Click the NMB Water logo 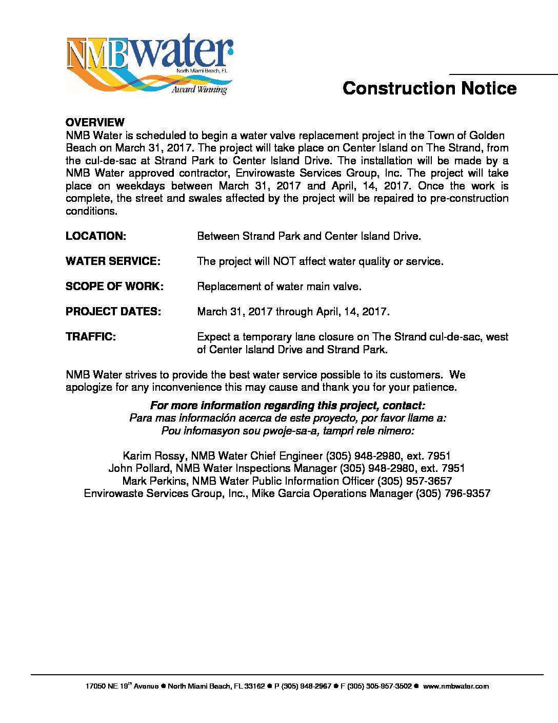[149, 64]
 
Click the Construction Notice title [429, 88]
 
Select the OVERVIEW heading [95, 123]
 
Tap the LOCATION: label [96, 236]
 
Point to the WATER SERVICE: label [113, 261]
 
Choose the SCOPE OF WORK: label [114, 287]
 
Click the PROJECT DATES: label [113, 312]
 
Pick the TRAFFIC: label [91, 337]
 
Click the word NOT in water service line [284, 261]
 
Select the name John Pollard [141, 468]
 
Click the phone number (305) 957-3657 [414, 481]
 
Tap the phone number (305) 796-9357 [453, 493]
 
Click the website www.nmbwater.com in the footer [455, 686]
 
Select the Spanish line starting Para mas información [287, 418]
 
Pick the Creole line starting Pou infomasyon [287, 431]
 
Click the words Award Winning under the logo [199, 90]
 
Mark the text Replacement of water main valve [279, 287]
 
